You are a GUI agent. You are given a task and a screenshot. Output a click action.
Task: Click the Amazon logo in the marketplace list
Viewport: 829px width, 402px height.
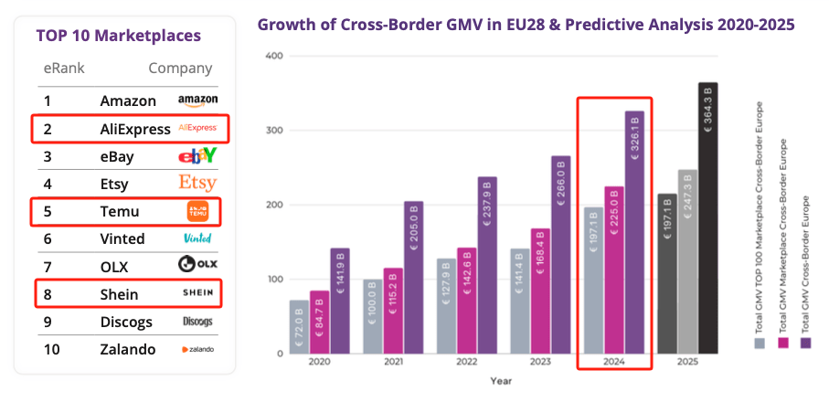coord(197,100)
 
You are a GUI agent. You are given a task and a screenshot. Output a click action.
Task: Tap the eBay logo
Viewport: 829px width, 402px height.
coord(197,156)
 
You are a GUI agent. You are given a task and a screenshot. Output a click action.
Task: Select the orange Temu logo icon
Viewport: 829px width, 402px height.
coord(198,211)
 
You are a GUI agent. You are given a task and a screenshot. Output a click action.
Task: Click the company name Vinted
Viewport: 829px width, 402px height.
coord(122,238)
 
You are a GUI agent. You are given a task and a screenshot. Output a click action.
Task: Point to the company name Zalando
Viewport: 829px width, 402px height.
coord(128,349)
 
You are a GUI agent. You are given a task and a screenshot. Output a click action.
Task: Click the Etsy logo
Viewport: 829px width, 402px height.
coord(197,183)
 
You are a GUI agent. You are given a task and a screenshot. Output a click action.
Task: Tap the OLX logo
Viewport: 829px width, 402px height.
coord(197,266)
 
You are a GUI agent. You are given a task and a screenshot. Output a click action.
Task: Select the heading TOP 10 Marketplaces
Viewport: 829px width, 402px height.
coord(119,36)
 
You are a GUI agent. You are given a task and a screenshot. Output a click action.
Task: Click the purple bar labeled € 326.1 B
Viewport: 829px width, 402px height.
coord(634,233)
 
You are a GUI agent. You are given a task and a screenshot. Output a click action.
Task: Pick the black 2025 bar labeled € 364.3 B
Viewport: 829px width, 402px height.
coord(707,219)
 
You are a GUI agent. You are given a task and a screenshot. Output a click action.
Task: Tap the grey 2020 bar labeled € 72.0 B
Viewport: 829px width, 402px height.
coord(300,326)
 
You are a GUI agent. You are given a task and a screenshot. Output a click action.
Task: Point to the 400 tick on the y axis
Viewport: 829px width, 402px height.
coord(272,56)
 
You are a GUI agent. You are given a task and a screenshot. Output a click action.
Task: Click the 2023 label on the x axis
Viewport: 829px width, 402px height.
coord(539,362)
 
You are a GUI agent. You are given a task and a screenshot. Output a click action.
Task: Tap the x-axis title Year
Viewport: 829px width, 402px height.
coord(501,380)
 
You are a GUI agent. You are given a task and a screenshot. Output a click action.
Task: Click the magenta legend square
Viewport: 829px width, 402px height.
coord(782,343)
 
